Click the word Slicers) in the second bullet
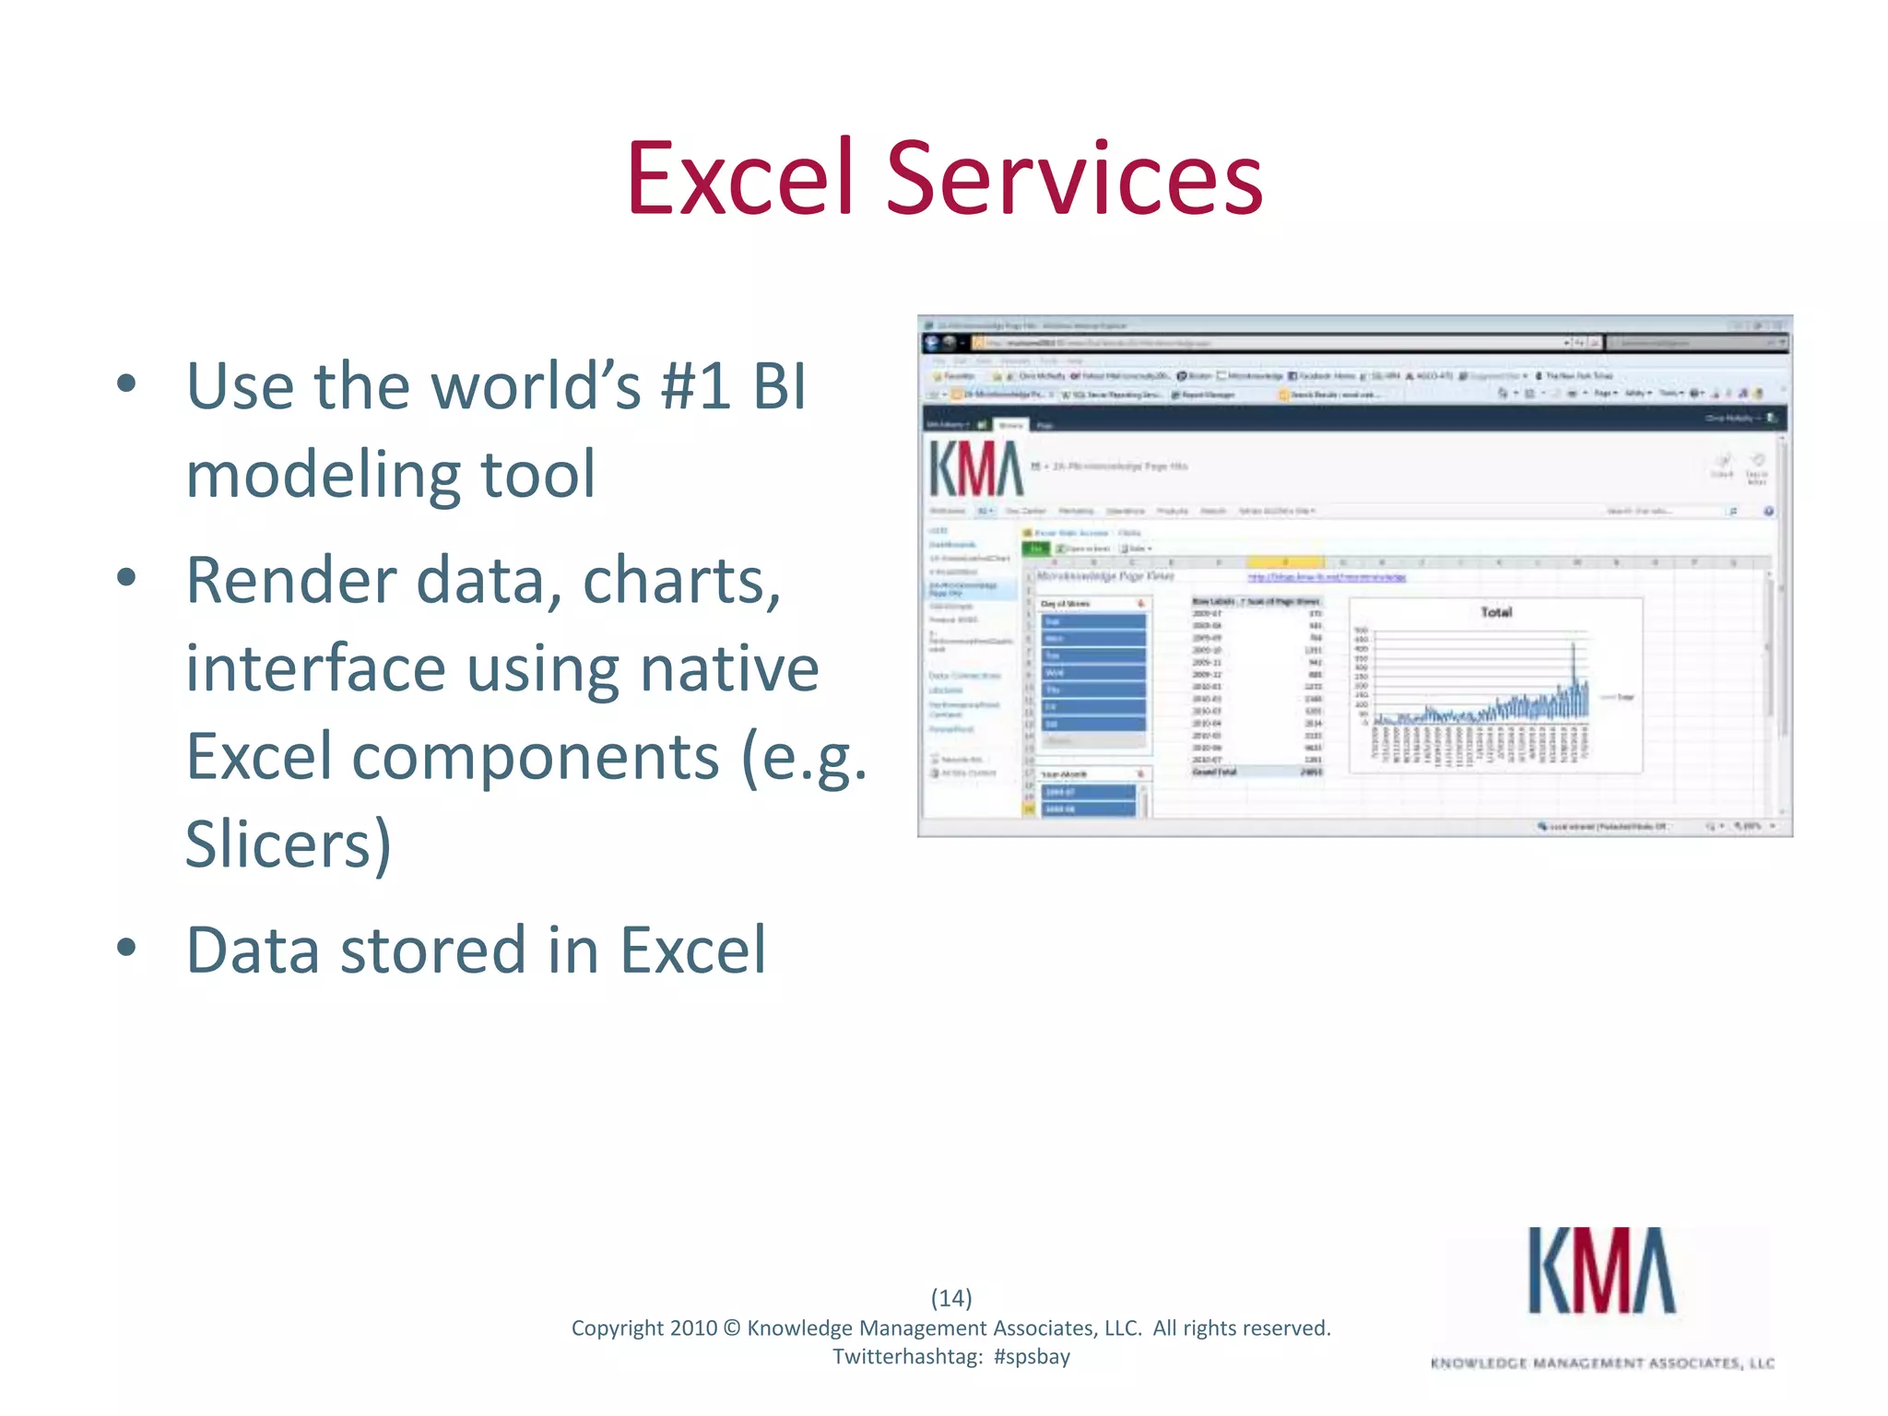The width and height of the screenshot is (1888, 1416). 289,844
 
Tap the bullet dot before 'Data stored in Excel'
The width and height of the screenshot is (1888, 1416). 127,948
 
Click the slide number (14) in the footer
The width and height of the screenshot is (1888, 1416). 951,1297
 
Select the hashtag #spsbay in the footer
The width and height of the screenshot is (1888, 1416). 1032,1356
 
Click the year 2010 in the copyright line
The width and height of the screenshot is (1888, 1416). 692,1327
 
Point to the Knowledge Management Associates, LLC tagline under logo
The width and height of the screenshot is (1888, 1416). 1602,1363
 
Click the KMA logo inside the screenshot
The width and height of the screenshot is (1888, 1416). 975,469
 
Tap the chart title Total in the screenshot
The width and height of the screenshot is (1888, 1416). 1495,612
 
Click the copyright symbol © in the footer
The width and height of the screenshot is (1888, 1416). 731,1327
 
